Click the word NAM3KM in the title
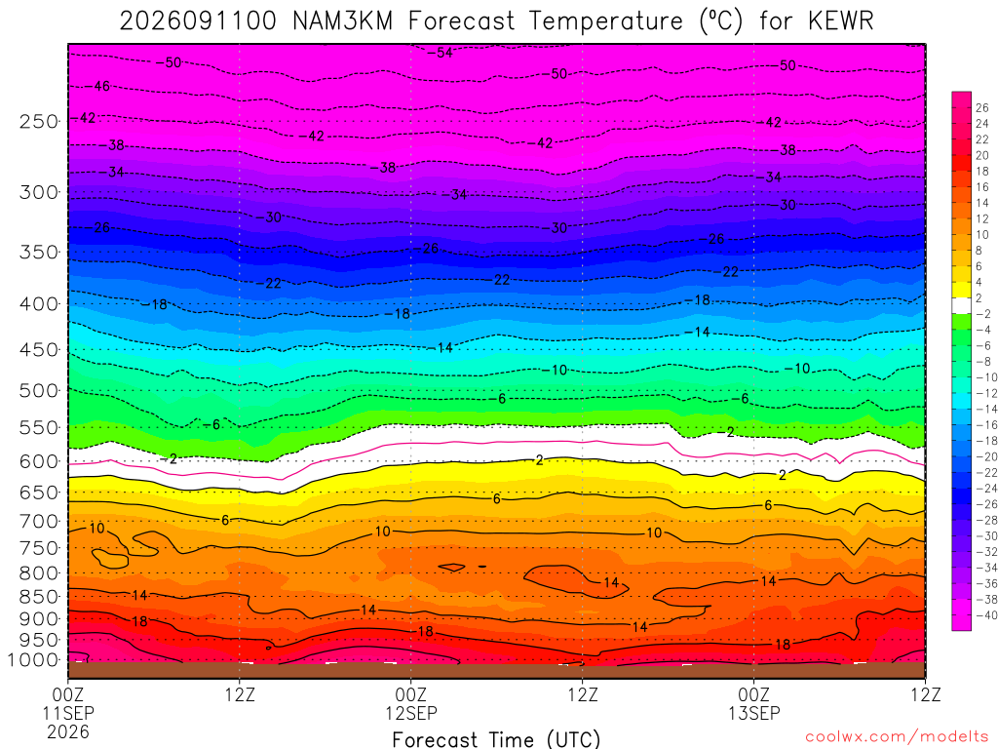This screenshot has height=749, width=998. coord(342,21)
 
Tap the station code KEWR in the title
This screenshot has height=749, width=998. coord(841,21)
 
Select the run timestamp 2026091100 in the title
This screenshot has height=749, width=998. coord(198,21)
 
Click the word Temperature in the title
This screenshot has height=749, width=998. coord(605,21)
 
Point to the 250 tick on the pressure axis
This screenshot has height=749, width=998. coord(39,121)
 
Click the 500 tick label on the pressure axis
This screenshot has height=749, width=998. coord(39,390)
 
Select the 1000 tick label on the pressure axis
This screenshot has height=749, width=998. coord(32,660)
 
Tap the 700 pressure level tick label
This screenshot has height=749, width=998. coord(39,521)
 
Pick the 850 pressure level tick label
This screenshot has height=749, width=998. coord(39,597)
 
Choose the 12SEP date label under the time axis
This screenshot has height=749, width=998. coord(411,713)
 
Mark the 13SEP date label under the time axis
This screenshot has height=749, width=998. coord(754,713)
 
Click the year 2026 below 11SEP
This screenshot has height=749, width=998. coord(68,732)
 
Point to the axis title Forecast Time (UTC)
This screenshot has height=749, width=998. coord(496,739)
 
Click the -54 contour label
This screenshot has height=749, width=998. coord(440,53)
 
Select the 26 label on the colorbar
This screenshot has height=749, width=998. coord(982,107)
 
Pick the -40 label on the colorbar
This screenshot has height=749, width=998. coord(986,615)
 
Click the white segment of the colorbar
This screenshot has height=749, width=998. coord(962,305)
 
